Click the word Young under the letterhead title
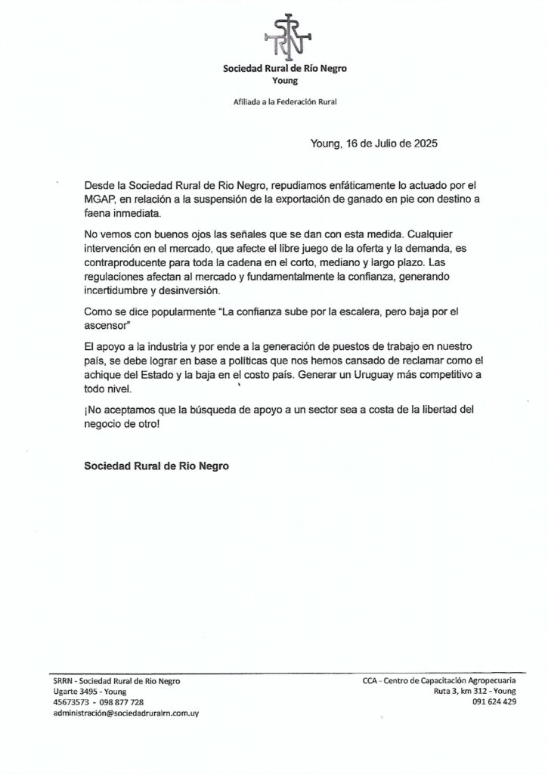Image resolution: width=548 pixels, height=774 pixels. (x=285, y=80)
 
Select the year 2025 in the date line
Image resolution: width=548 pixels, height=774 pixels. (x=423, y=143)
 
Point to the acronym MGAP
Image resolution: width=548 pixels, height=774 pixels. (x=99, y=199)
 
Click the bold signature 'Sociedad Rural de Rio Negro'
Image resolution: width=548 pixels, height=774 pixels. (x=156, y=466)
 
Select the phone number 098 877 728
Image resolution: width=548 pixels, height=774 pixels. (x=119, y=701)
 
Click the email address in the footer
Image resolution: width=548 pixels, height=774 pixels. (x=125, y=712)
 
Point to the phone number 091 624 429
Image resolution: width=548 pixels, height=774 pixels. (x=494, y=701)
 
